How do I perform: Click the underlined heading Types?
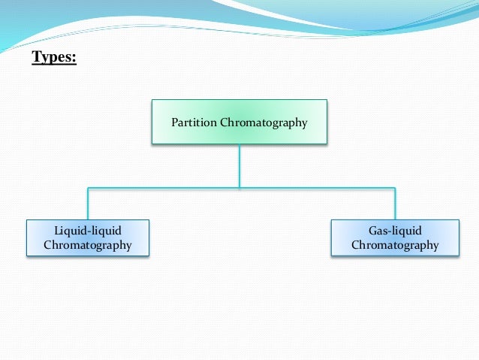click(54, 57)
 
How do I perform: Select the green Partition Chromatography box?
click(239, 122)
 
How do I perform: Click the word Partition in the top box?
click(194, 123)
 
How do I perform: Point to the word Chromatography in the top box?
click(263, 123)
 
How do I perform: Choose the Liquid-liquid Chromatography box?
click(88, 237)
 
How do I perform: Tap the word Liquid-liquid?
click(88, 230)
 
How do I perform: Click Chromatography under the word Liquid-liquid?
click(88, 245)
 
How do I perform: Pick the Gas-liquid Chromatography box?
click(395, 237)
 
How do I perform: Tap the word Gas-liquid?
click(395, 230)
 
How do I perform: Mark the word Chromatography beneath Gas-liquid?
click(395, 245)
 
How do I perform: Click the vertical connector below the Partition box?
click(239, 165)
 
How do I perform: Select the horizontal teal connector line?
click(165, 187)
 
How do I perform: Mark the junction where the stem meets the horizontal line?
click(239, 187)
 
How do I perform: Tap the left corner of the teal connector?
click(88, 187)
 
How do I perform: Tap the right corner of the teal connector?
click(395, 187)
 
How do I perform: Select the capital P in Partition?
click(175, 123)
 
